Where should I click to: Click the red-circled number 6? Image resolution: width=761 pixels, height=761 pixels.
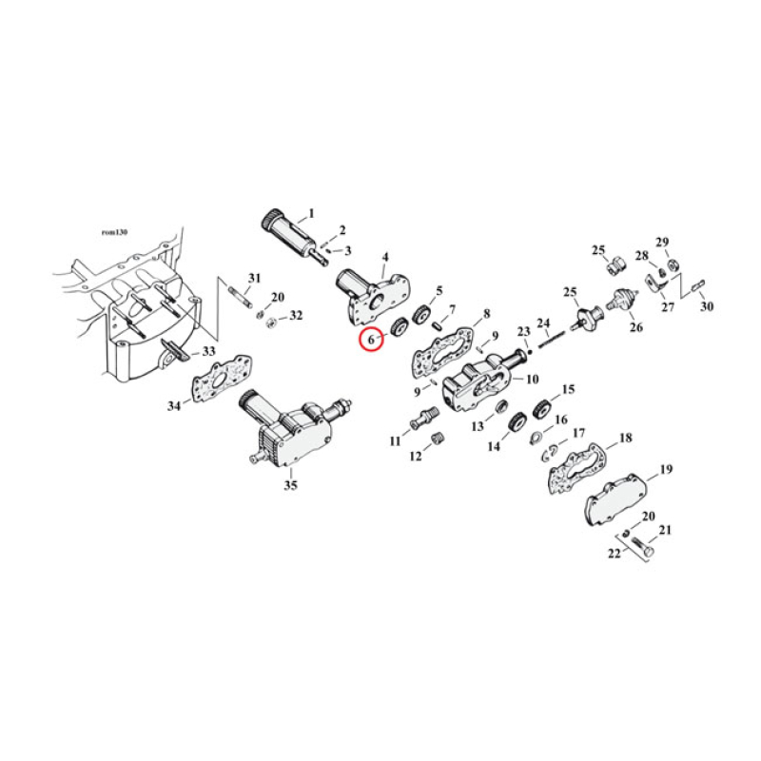(x=370, y=338)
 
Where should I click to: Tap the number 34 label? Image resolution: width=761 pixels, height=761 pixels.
(x=173, y=406)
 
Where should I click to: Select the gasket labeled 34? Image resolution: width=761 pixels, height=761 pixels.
(x=214, y=390)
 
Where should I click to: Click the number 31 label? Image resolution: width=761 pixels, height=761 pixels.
(x=254, y=277)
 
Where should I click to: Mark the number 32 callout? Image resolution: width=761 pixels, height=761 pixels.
(x=296, y=316)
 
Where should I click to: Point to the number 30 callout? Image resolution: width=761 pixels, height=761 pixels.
(x=706, y=307)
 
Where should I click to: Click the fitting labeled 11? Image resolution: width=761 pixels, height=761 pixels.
(x=420, y=418)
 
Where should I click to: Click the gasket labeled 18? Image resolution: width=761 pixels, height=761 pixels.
(x=576, y=465)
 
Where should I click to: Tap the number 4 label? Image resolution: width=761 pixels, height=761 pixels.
(x=385, y=257)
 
